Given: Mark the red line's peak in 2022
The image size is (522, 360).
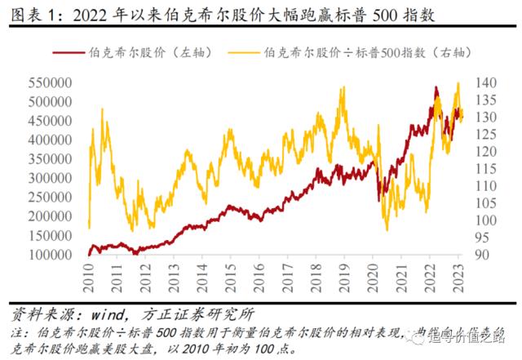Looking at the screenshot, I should [436, 87].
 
